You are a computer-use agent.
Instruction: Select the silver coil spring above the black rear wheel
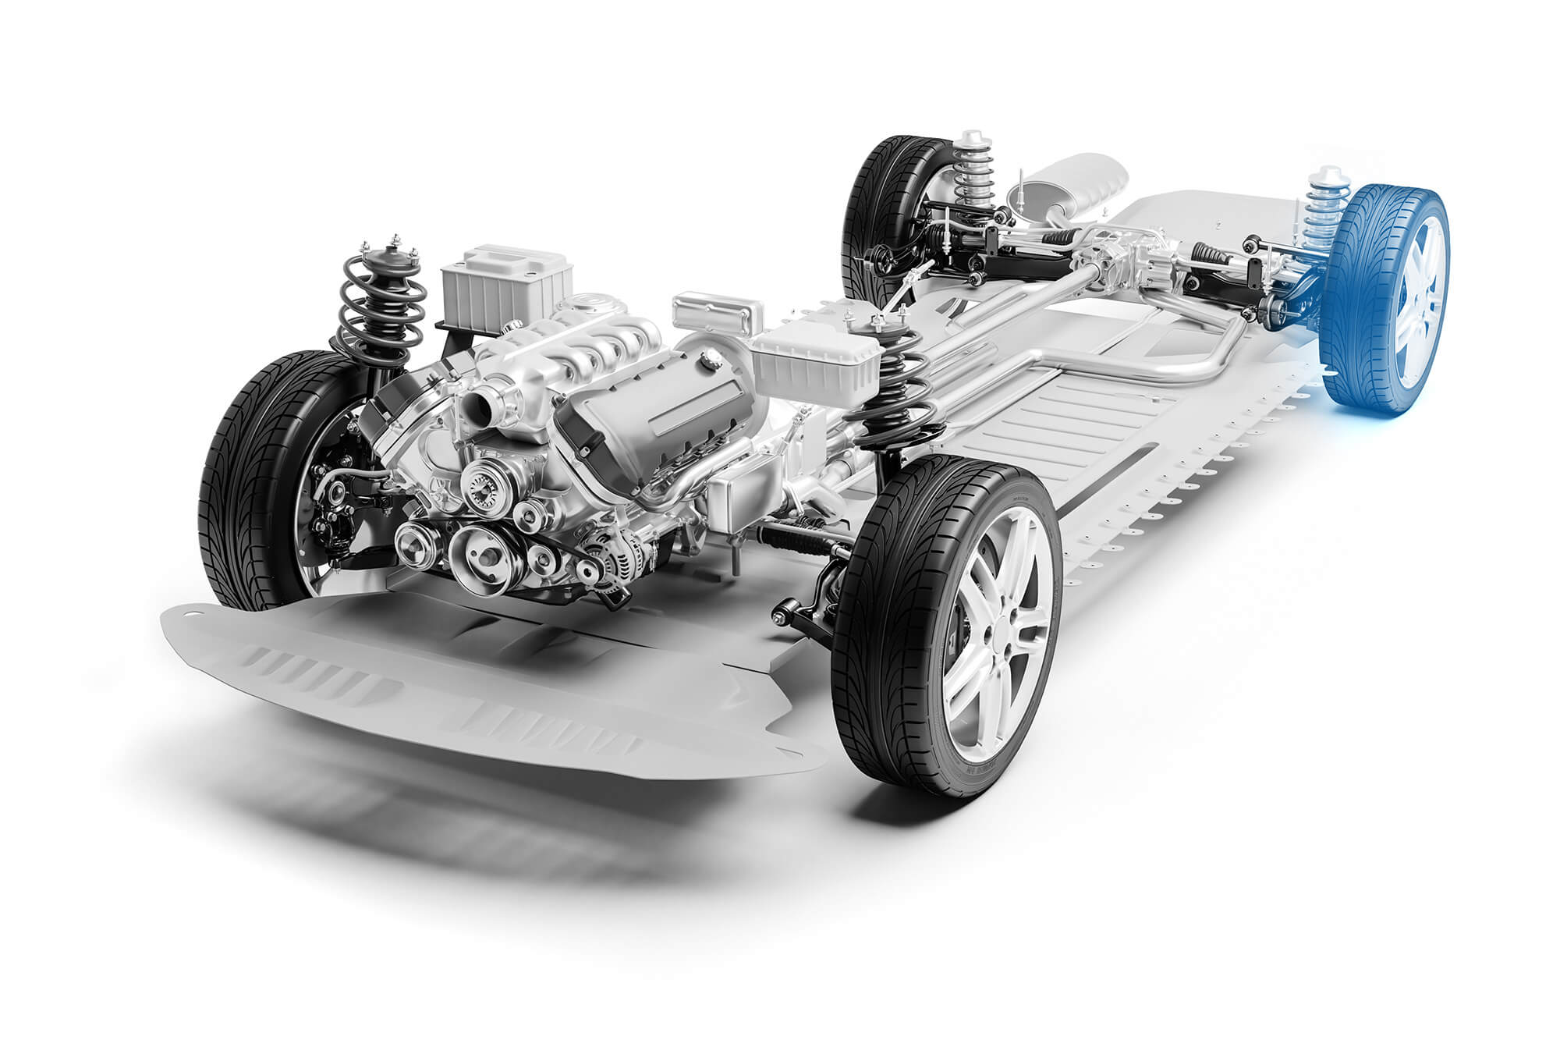[x=975, y=172]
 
